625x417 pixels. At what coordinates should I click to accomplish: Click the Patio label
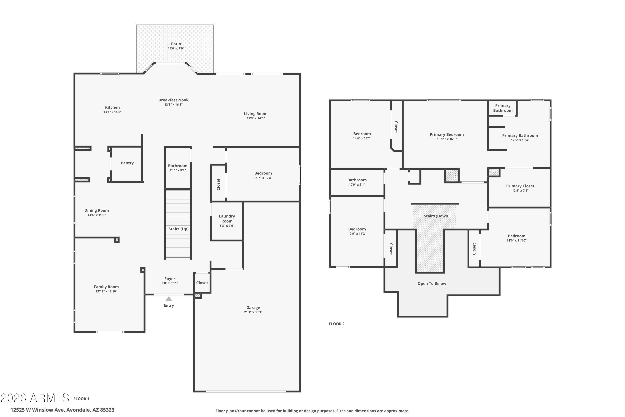(176, 44)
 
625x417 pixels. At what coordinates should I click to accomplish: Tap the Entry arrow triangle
(169, 299)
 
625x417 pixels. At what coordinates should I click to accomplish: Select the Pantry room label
(127, 163)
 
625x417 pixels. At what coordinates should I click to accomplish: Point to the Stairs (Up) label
(179, 229)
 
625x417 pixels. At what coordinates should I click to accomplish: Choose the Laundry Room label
(227, 219)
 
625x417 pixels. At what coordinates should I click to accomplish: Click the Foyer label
(170, 279)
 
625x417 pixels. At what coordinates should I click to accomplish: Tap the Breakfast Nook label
(174, 100)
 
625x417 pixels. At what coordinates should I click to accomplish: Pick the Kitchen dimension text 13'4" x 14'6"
(112, 112)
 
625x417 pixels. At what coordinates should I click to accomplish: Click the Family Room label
(106, 287)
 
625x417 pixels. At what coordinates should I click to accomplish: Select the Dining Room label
(97, 210)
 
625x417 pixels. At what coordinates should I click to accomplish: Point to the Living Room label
(256, 114)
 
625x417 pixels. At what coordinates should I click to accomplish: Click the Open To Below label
(432, 284)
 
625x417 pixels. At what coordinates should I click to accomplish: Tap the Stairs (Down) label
(437, 216)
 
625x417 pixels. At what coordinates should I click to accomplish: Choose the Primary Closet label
(520, 186)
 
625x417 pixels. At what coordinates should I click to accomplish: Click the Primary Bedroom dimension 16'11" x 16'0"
(447, 139)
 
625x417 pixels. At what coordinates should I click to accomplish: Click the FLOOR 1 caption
(81, 399)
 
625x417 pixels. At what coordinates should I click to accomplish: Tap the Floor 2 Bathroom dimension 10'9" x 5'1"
(357, 185)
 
